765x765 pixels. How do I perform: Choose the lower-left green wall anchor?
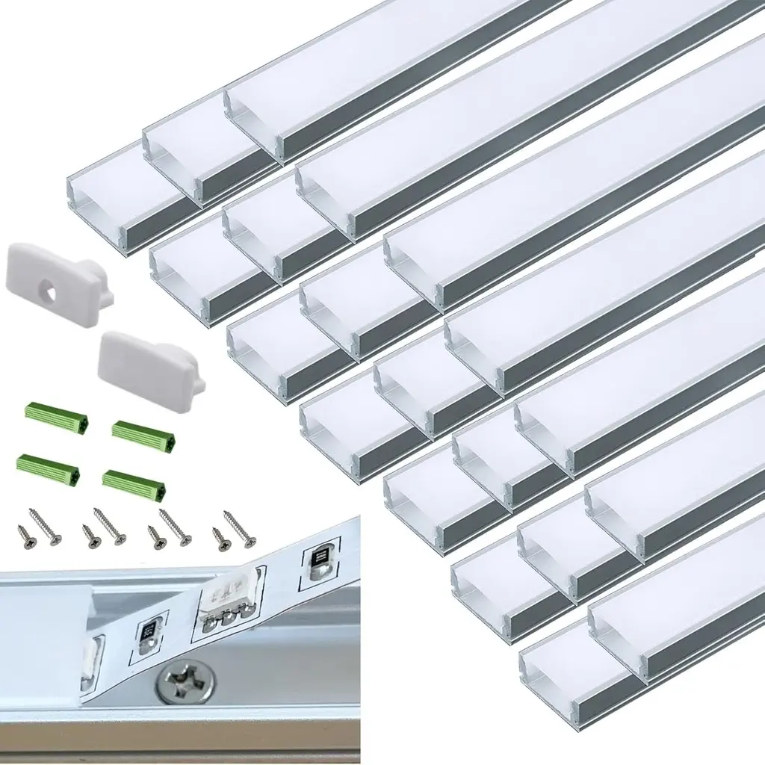click(46, 465)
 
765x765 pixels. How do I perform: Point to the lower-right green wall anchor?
click(134, 482)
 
